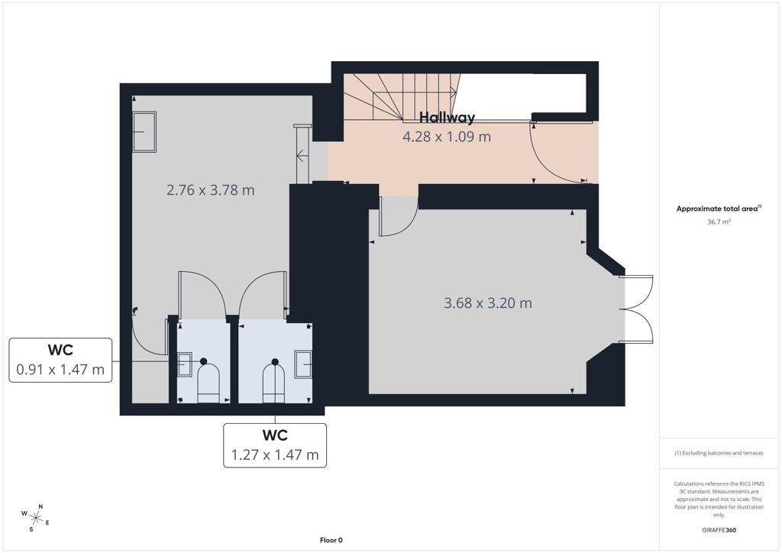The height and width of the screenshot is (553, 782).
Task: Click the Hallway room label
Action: click(x=447, y=118)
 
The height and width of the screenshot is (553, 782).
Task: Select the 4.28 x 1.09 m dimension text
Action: click(x=447, y=137)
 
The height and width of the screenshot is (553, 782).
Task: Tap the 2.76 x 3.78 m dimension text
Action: click(x=211, y=190)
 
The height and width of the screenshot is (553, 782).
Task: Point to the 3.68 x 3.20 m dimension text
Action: click(x=488, y=303)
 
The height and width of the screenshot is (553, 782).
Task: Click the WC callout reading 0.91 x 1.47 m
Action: click(x=60, y=360)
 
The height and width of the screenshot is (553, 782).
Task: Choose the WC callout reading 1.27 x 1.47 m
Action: click(x=275, y=445)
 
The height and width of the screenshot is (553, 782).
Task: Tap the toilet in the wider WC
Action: click(x=274, y=381)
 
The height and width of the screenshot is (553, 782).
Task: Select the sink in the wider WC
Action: click(x=302, y=364)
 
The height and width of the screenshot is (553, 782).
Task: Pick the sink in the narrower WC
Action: click(x=185, y=364)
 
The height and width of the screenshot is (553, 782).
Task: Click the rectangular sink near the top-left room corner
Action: click(x=144, y=131)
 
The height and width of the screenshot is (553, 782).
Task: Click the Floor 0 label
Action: click(x=331, y=540)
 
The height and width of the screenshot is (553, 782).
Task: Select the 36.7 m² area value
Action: click(x=719, y=222)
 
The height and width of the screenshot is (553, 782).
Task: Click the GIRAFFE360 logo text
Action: click(x=719, y=530)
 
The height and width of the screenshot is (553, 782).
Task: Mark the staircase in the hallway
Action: click(x=402, y=97)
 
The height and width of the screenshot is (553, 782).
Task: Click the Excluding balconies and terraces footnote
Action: click(x=719, y=453)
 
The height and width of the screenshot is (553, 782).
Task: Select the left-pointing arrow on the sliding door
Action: click(x=302, y=156)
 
